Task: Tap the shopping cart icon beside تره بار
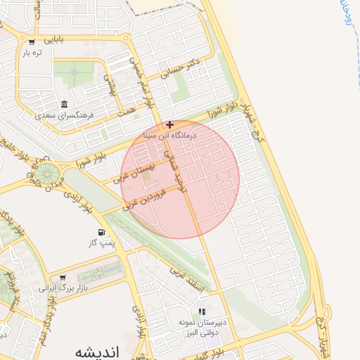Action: [x=32, y=41]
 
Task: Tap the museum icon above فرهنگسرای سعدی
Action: [x=65, y=103]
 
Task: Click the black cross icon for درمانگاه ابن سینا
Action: [x=169, y=124]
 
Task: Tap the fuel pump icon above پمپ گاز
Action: [x=102, y=233]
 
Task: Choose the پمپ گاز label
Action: [x=101, y=243]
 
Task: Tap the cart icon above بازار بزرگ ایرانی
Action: [x=63, y=277]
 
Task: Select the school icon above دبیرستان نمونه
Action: [x=202, y=311]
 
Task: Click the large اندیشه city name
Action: [x=97, y=351]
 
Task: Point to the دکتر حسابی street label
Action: [x=181, y=67]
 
